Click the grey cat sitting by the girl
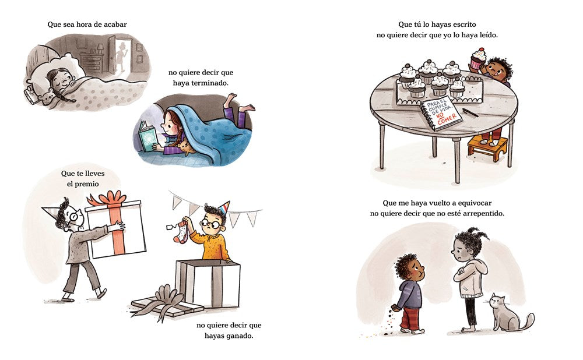pos(508,313)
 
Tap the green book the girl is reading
pos(147,138)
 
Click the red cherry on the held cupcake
pos(481,50)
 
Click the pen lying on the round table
pos(470,112)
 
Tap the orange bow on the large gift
pos(110,199)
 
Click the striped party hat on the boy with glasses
pos(224,208)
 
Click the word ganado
pos(240,336)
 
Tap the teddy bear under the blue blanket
pos(185,147)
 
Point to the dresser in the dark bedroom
pos(91,62)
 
